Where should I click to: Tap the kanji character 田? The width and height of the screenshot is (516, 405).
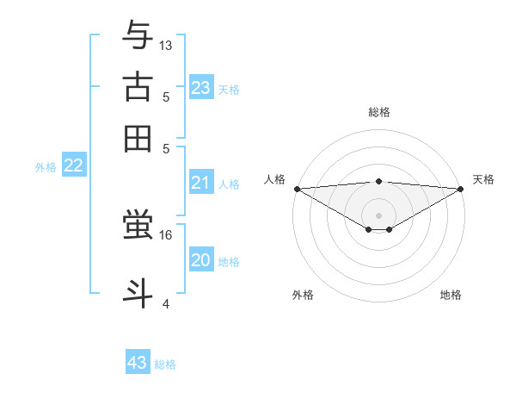pyautogui.click(x=138, y=138)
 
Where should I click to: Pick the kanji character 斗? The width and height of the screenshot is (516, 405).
pyautogui.click(x=138, y=291)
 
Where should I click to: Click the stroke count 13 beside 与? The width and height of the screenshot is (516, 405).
pyautogui.click(x=166, y=44)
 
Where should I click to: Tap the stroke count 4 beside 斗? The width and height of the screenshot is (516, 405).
pyautogui.click(x=166, y=302)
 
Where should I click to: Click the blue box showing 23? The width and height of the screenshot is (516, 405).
pyautogui.click(x=201, y=88)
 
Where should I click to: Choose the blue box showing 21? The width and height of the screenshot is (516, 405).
pyautogui.click(x=201, y=183)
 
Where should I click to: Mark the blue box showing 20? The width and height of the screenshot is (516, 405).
pyautogui.click(x=201, y=260)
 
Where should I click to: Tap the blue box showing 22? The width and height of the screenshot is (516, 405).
pyautogui.click(x=73, y=166)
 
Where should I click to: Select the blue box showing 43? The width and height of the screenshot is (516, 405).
pyautogui.click(x=138, y=363)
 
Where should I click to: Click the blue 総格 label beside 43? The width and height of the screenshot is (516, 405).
pyautogui.click(x=165, y=364)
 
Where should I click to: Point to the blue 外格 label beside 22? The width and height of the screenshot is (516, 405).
pyautogui.click(x=45, y=167)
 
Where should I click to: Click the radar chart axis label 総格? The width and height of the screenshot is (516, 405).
pyautogui.click(x=378, y=112)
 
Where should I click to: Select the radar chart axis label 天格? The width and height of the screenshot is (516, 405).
pyautogui.click(x=483, y=179)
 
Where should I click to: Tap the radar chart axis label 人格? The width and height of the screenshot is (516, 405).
pyautogui.click(x=274, y=179)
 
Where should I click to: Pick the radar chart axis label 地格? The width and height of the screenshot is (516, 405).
pyautogui.click(x=451, y=295)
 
